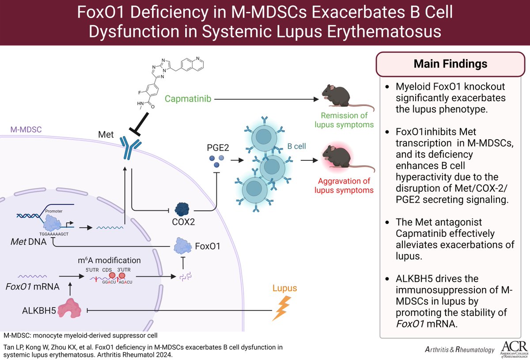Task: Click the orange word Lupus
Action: pyautogui.click(x=284, y=288)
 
